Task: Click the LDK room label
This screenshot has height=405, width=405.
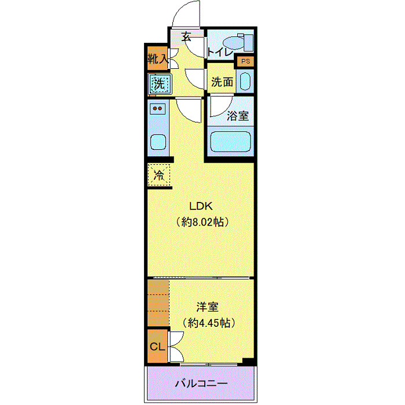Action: coord(200,205)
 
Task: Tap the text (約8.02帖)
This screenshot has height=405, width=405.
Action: coord(200,222)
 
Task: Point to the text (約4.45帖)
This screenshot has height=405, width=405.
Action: coord(209,322)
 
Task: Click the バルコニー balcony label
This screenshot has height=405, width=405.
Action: coord(201,383)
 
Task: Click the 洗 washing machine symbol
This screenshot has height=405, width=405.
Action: coord(159,83)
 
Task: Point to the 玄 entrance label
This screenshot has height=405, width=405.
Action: coord(186,36)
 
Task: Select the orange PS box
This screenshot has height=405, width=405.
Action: coord(245,61)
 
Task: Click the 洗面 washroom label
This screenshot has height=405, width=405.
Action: coord(222,82)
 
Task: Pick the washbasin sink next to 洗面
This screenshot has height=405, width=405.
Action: coord(245,82)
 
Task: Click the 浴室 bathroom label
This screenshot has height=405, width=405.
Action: coord(238,115)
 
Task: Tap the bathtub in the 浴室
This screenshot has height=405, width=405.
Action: coord(230,142)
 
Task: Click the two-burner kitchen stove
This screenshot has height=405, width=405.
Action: coord(157,108)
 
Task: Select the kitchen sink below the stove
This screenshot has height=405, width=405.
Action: coord(157,141)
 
